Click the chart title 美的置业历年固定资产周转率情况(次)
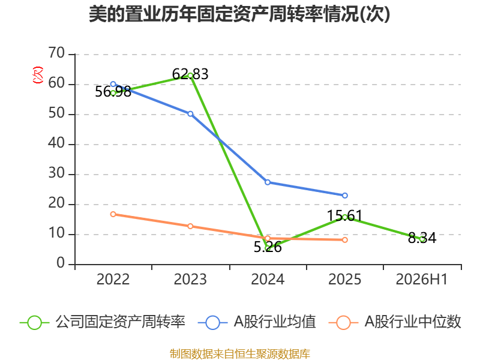(x=239, y=14)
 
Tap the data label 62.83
(x=190, y=74)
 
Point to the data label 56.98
(x=113, y=92)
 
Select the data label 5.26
(x=268, y=247)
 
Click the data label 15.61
(x=344, y=216)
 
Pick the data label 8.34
(x=422, y=238)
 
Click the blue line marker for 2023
(x=190, y=114)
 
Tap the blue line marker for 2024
(x=268, y=182)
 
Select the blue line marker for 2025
(x=344, y=196)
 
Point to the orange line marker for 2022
(x=113, y=214)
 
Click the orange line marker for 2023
(x=190, y=226)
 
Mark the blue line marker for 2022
(x=113, y=84)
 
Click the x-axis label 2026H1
(x=422, y=280)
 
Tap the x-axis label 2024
(x=268, y=280)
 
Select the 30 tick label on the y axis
(x=56, y=173)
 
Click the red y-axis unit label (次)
(x=38, y=75)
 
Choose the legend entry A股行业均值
(x=257, y=322)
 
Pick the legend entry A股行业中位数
(x=395, y=322)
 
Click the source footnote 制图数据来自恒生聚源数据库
(x=240, y=354)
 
